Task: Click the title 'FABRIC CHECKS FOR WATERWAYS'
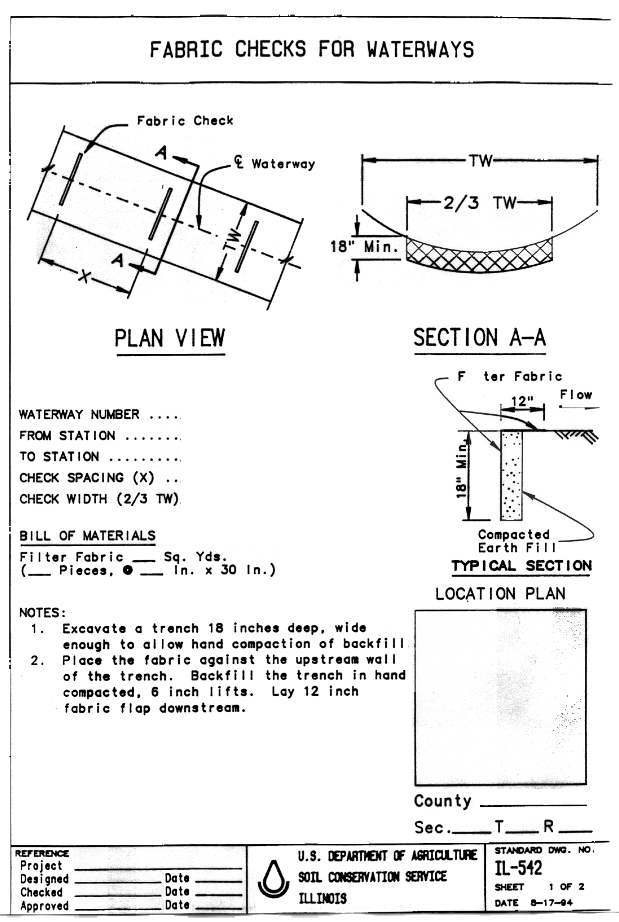point(311,49)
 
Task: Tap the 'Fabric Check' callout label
point(185,121)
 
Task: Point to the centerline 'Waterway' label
point(283,164)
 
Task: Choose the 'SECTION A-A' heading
point(480,338)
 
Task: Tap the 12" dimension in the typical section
point(522,401)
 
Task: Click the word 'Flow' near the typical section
point(576,395)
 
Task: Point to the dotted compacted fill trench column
point(511,476)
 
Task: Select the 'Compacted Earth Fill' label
point(514,541)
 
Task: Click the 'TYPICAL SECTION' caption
point(522,566)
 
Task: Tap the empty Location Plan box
point(500,697)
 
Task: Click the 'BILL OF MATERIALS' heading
point(87,535)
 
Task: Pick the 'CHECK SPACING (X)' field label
point(87,478)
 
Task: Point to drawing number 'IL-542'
point(518,867)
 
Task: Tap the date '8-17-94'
point(552,903)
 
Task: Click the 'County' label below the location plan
point(443,801)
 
